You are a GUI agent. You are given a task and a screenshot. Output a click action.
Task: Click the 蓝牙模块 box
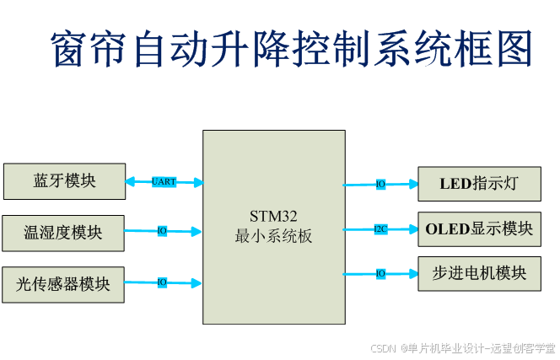(x=64, y=181)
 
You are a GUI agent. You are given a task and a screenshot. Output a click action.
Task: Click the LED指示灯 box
(x=479, y=184)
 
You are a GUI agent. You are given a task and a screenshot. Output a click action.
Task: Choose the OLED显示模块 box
(x=479, y=228)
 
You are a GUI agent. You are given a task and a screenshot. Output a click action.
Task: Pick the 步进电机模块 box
(x=479, y=273)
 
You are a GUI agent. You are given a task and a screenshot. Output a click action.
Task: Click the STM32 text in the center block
(x=273, y=216)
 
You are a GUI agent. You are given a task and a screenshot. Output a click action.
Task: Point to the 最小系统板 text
(x=273, y=236)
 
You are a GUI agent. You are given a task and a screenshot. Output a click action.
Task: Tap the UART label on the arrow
(x=164, y=181)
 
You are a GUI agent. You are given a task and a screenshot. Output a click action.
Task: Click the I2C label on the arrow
(x=380, y=228)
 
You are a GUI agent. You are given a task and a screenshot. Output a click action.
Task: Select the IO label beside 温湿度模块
(x=162, y=231)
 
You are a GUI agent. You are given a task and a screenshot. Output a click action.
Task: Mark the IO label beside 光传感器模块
(x=162, y=282)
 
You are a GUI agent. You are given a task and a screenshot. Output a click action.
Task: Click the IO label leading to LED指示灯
(x=380, y=184)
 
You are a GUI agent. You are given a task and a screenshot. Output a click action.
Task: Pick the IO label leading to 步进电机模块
(x=380, y=273)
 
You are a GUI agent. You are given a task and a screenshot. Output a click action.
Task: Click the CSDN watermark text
(x=384, y=347)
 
